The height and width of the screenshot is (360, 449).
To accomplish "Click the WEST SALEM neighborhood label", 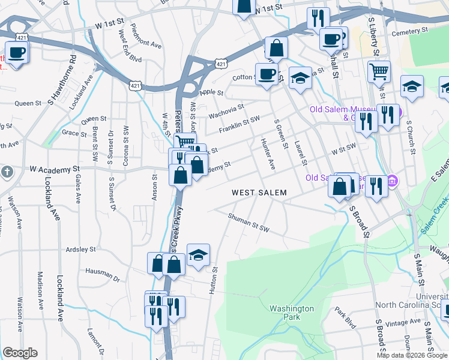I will coord(259,193).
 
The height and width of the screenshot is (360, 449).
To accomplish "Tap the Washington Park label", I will coord(292,313).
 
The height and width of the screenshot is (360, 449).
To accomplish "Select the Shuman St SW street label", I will coord(249,222).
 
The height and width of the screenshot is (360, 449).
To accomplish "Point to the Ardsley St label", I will coord(80,249).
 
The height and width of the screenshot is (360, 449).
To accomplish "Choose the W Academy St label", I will coord(55,170).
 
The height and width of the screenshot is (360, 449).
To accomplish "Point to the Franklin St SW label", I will coord(239,124).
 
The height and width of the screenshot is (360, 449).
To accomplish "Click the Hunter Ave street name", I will coord(268,154).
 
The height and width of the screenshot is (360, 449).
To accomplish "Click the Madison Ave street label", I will coord(40,290).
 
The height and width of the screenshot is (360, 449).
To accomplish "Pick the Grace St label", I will coord(74,133).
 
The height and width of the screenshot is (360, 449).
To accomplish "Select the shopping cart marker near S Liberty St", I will coord(379,72).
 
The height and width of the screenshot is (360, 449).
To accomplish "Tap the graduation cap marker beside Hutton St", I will coord(198,255).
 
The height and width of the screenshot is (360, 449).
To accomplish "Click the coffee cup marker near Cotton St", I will coord(267,75).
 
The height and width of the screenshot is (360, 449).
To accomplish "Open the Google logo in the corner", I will coord(20,353).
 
